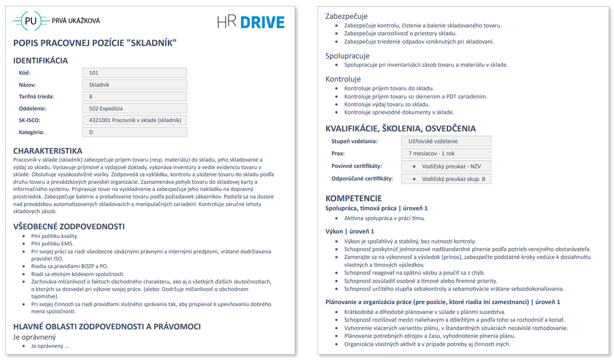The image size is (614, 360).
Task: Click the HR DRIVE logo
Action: coord(251,22)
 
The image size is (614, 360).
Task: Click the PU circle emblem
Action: coord(31,21)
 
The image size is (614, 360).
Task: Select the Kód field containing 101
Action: coord(134,73)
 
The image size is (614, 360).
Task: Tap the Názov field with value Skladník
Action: coord(134,85)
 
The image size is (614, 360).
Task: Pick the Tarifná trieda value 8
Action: coord(134,96)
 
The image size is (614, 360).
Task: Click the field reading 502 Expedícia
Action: coord(134,108)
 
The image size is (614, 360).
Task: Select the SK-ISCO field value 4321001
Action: coord(134,120)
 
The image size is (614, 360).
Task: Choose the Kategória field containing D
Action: coord(134,132)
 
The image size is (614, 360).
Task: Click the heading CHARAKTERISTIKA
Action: coord(48,151)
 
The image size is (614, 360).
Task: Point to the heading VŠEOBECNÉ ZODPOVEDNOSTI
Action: coord(69,226)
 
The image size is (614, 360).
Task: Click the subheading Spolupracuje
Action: coord(347,56)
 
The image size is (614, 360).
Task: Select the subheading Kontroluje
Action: coord(343,79)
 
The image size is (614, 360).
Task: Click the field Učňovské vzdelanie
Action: coord(446,141)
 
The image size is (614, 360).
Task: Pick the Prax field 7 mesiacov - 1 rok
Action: coord(446,153)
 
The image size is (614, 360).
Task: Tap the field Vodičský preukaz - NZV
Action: coord(446,166)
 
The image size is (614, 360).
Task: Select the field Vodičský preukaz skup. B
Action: coord(446,179)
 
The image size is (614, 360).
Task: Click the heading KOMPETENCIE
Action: coord(354,198)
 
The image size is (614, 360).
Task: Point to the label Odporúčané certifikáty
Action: coord(362,179)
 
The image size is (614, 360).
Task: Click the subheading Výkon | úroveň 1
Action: coord(350,232)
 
